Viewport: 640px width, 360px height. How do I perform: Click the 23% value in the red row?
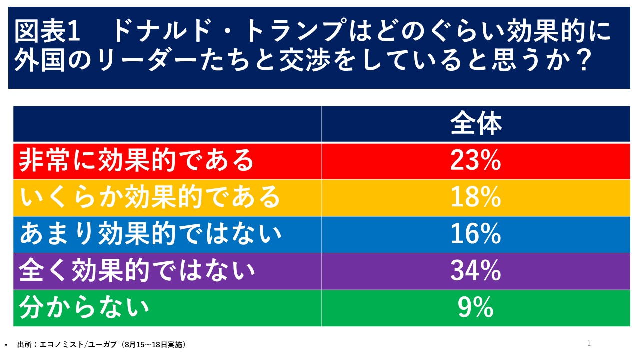[475, 161]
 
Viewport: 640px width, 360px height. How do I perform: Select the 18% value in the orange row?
[475, 198]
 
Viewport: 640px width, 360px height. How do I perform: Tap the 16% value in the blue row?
[475, 234]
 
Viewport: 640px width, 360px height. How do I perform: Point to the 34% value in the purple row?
[475, 271]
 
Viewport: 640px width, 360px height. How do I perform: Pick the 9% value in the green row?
[475, 308]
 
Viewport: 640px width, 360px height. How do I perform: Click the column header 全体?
[475, 124]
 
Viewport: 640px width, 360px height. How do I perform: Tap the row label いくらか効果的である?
[150, 198]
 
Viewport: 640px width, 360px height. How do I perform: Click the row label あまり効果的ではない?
[150, 234]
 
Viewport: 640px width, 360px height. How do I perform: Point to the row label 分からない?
[84, 308]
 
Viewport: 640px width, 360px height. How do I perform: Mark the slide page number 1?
[589, 343]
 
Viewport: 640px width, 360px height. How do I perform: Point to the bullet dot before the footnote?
[6, 345]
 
